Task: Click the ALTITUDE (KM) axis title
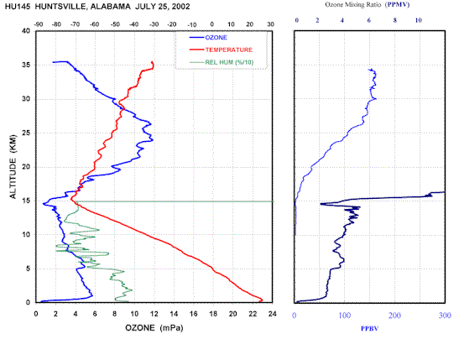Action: click(13, 166)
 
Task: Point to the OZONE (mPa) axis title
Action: click(154, 328)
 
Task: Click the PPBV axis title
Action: click(369, 329)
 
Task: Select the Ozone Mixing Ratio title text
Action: click(353, 5)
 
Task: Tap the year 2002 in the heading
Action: click(180, 7)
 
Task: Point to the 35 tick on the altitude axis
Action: click(26, 65)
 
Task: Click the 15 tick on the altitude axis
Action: click(26, 201)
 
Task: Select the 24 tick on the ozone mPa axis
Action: click(273, 314)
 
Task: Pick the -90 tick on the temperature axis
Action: click(39, 24)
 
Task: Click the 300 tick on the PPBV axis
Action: click(445, 316)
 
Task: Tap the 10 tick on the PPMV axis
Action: click(419, 20)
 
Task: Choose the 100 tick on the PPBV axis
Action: click(345, 316)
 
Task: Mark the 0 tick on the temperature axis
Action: click(212, 24)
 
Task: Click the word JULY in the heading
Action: click(145, 7)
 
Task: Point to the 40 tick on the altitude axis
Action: click(26, 31)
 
